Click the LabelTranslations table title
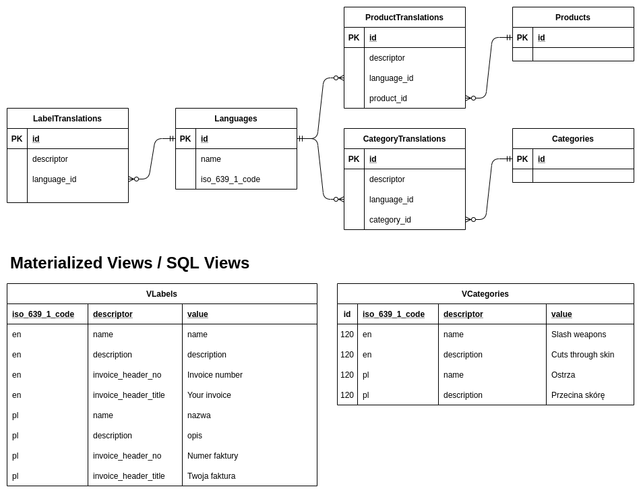coord(67,119)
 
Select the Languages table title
coord(236,119)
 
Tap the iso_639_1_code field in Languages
coord(230,179)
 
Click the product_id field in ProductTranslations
coord(388,98)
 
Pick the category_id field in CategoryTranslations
coord(390,220)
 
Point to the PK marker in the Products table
coord(522,38)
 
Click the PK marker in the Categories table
coord(522,159)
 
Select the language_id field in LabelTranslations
coord(54,179)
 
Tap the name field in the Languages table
coord(210,159)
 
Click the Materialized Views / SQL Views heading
coord(129,263)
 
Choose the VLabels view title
coord(162,294)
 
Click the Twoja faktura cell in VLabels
coord(211,476)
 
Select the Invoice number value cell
coord(214,375)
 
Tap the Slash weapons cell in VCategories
coord(578,335)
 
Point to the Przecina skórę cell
coord(578,395)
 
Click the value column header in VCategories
coord(561,314)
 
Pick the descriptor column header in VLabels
coord(113,314)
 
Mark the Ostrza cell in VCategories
coord(563,375)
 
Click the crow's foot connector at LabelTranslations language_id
coord(133,179)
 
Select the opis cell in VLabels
coord(195,436)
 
